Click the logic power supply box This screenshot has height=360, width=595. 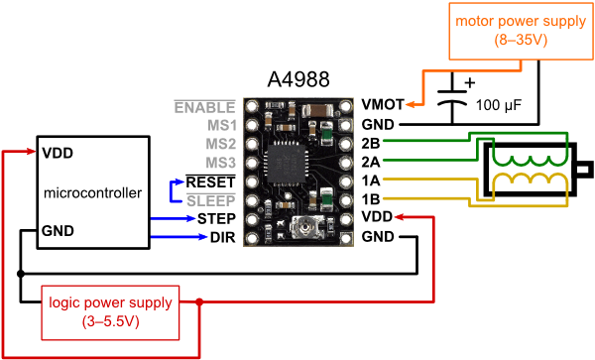coord(110,309)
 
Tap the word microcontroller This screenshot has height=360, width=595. coord(93,191)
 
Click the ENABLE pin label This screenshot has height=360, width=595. coord(204,106)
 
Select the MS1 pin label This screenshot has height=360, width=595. coord(220,125)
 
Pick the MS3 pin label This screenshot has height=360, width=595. coord(220,162)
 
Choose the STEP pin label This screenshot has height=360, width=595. coord(215,217)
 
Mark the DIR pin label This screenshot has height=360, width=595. coord(222,237)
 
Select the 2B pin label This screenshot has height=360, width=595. coord(372,143)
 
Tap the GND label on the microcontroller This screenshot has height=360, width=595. coord(57,229)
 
